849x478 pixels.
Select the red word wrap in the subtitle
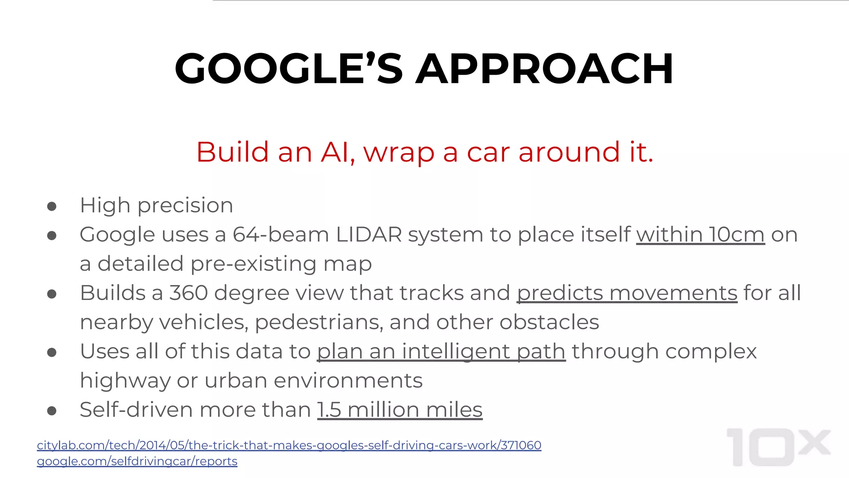(x=399, y=153)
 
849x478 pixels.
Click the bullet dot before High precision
(x=52, y=206)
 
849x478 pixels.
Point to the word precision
(x=185, y=206)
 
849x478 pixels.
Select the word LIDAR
(x=369, y=234)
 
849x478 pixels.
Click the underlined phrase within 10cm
(x=700, y=234)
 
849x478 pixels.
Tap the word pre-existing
(x=253, y=264)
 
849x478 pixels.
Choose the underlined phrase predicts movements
(x=627, y=293)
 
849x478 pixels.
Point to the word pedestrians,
(x=319, y=322)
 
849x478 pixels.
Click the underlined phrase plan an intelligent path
(x=441, y=351)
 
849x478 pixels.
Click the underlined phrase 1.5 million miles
(x=400, y=410)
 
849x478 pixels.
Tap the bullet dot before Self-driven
(x=52, y=411)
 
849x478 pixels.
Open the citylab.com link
(x=289, y=445)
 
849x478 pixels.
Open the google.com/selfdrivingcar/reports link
(x=137, y=461)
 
